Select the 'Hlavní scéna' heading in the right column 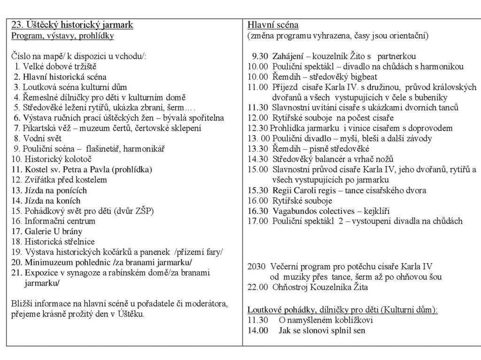(273, 25)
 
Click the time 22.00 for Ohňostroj (256, 287)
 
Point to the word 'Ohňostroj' (292, 287)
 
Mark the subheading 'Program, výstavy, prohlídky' (62, 35)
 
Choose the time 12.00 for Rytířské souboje (256, 118)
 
